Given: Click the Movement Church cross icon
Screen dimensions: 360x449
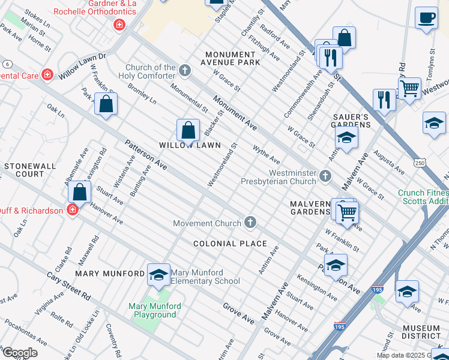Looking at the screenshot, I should point(250,223).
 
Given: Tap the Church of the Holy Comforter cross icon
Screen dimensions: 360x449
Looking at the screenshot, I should point(185,72).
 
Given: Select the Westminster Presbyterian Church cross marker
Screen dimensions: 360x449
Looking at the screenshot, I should point(325,176).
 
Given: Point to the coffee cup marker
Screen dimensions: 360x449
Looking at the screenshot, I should point(426,19).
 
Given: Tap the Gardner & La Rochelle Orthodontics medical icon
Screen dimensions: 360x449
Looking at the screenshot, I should point(119,25).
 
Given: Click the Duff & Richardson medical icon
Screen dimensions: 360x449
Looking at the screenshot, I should point(73,210).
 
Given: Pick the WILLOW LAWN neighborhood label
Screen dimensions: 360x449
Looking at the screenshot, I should point(190,145).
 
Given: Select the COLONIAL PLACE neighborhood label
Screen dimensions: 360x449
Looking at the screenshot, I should point(230,244).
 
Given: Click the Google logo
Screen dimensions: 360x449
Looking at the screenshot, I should point(19,353).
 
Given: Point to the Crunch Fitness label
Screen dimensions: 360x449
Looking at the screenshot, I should point(423,193).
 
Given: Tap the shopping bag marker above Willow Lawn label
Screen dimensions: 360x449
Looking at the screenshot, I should point(188,130).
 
